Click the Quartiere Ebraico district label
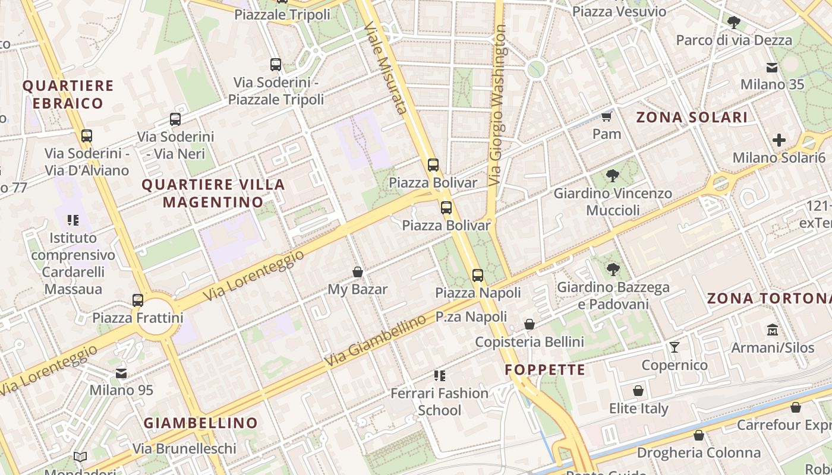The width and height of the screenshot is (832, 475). [x=68, y=94]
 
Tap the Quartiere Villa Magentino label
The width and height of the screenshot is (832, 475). [x=213, y=193]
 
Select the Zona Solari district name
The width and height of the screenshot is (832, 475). [x=692, y=117]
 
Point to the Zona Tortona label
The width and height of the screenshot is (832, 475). [x=769, y=298]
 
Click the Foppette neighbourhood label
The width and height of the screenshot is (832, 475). [x=545, y=370]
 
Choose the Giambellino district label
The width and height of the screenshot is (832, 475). [x=201, y=423]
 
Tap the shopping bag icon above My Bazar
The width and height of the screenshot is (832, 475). [x=358, y=272]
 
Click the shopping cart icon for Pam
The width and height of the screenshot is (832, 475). [x=607, y=116]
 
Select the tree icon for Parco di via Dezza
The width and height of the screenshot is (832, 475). [x=734, y=23]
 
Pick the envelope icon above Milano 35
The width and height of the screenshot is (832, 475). [x=772, y=67]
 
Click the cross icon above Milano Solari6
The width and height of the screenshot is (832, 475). [x=779, y=140]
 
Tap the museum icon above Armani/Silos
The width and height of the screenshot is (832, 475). [x=772, y=329]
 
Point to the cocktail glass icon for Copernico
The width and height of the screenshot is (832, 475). [x=675, y=347]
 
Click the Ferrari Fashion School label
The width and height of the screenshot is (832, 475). [x=439, y=401]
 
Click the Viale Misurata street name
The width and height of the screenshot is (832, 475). [x=386, y=68]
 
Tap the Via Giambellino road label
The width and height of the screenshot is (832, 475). [x=375, y=340]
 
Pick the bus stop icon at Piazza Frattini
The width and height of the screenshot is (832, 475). [x=138, y=300]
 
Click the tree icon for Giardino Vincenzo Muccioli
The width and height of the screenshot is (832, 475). [x=613, y=176]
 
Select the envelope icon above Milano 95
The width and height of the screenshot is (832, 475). [x=121, y=373]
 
